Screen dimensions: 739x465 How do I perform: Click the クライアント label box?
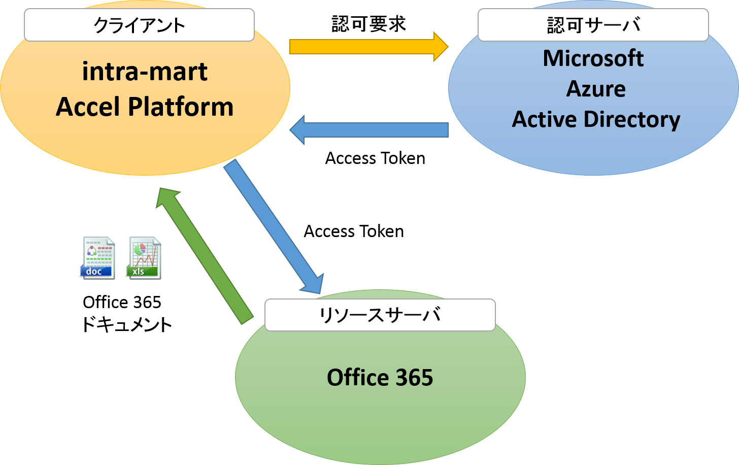(139, 25)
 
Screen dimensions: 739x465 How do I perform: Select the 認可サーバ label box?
(593, 25)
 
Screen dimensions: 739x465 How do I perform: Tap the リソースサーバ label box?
(380, 315)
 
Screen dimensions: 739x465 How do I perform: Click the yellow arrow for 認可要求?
(369, 47)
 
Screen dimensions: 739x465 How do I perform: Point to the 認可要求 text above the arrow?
(368, 24)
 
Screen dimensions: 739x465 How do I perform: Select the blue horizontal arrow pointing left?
(369, 129)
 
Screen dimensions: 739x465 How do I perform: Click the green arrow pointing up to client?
(205, 256)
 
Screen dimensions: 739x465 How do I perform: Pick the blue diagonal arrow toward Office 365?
(274, 226)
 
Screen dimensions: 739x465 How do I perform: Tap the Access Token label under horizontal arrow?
(375, 158)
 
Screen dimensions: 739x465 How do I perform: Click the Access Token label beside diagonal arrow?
(354, 231)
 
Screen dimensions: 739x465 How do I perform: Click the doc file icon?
(97, 258)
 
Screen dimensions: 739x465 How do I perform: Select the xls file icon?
(144, 258)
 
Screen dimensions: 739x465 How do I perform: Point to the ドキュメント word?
(127, 324)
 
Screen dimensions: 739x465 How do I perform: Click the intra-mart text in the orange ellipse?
(145, 71)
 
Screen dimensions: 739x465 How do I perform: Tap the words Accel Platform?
(145, 107)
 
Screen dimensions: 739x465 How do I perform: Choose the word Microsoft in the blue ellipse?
(593, 58)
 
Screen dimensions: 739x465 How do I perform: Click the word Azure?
(596, 89)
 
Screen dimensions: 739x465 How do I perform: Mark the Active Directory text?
(596, 119)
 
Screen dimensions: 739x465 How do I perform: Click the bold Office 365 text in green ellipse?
(380, 377)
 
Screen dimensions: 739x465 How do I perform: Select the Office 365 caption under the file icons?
(122, 302)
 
